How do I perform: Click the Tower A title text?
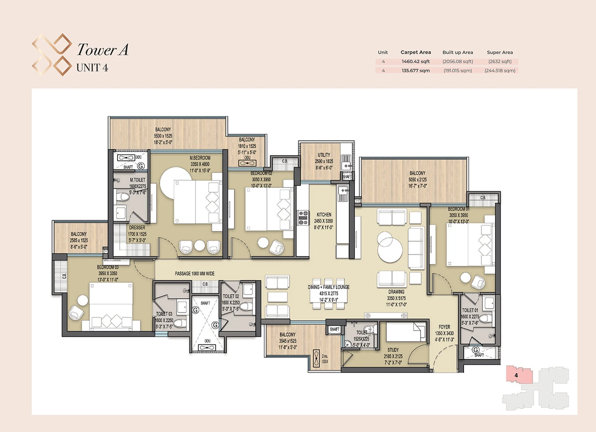[x=103, y=50]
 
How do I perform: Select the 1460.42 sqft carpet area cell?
[x=415, y=61]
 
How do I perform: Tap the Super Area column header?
[x=500, y=52]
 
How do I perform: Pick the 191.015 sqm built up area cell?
[x=458, y=71]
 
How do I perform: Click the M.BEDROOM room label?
[x=200, y=158]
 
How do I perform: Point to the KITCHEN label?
[x=324, y=215]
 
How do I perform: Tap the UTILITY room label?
[x=324, y=155]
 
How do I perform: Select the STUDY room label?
[x=393, y=350]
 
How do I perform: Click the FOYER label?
[x=444, y=327]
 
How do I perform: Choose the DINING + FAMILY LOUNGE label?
[x=329, y=287]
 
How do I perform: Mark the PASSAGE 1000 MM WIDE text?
[x=195, y=274]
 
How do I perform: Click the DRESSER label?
[x=137, y=228]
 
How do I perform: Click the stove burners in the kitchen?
[x=303, y=217]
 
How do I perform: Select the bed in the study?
[x=406, y=331]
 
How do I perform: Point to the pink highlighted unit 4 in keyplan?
[x=519, y=375]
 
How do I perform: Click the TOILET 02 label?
[x=231, y=297]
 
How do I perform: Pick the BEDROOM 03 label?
[x=108, y=268]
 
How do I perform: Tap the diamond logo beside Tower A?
[x=52, y=55]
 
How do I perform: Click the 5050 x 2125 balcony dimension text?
[x=417, y=180]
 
